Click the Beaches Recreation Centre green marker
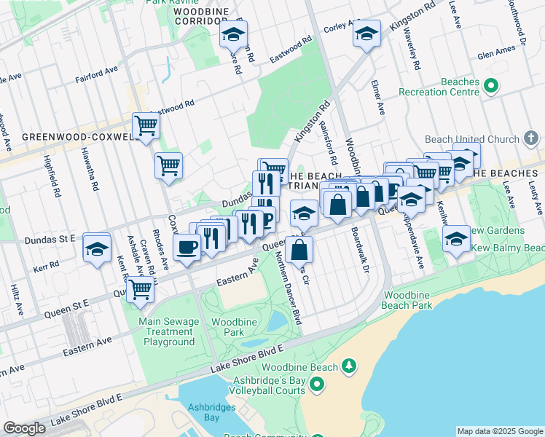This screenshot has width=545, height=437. pyautogui.click(x=490, y=86)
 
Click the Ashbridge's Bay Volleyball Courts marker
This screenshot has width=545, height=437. pyautogui.click(x=317, y=384)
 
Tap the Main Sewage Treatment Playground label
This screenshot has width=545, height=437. pyautogui.click(x=168, y=331)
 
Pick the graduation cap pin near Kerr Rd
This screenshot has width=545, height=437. pyautogui.click(x=97, y=248)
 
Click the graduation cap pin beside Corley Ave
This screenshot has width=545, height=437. pyautogui.click(x=366, y=33)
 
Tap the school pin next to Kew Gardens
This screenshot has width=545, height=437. pyautogui.click(x=456, y=239)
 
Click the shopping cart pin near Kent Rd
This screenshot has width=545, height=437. pyautogui.click(x=140, y=289)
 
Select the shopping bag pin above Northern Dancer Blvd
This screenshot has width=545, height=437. pyautogui.click(x=299, y=251)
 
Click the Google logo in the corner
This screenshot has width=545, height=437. pyautogui.click(x=24, y=428)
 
